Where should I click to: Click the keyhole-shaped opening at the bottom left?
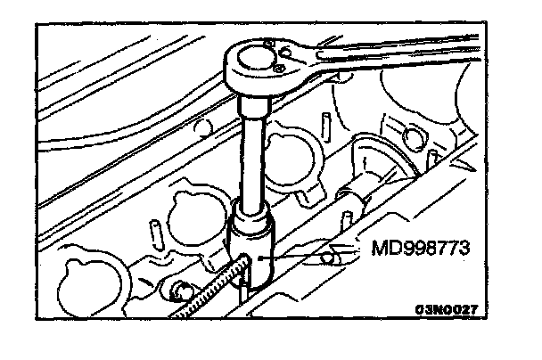[x=89, y=273]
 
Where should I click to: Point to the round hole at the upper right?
[x=412, y=135]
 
